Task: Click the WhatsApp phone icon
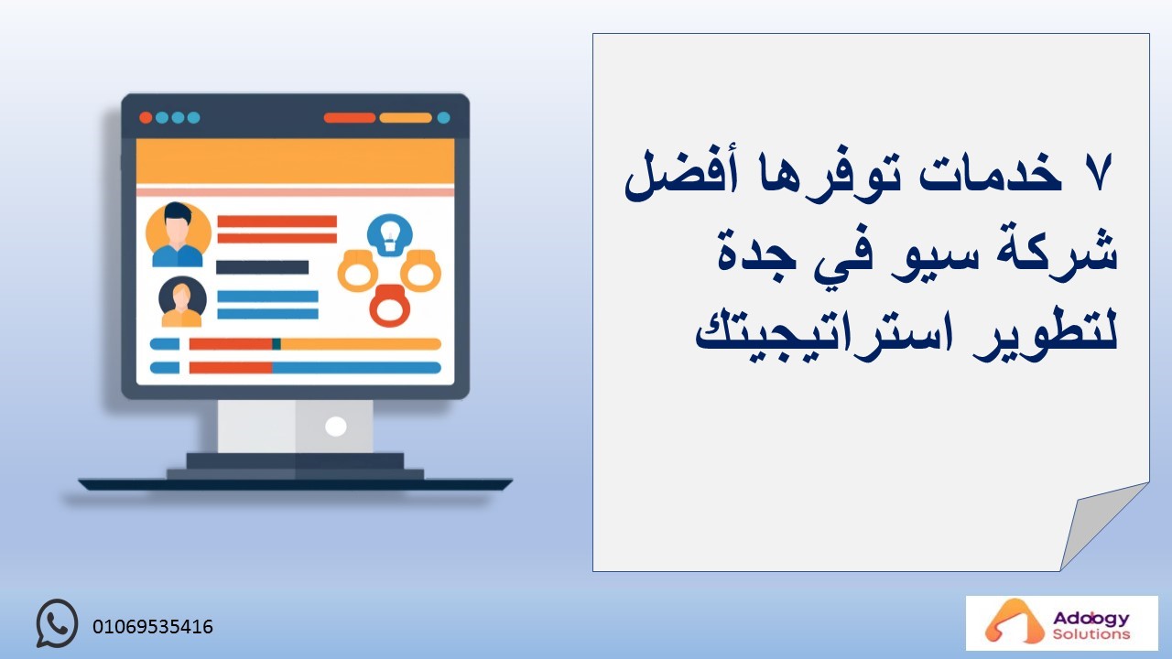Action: [x=57, y=623]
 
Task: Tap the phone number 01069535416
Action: [x=153, y=627]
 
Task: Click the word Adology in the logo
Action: [x=1091, y=619]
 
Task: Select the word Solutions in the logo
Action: [x=1091, y=634]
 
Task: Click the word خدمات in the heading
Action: [x=991, y=173]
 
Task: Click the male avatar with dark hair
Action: [x=178, y=235]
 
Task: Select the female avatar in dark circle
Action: [x=182, y=302]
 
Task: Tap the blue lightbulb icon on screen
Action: [x=390, y=235]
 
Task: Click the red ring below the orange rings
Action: [x=390, y=306]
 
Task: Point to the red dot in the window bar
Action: [x=146, y=118]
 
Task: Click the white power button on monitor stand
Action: [x=336, y=427]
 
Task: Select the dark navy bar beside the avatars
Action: [x=262, y=267]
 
